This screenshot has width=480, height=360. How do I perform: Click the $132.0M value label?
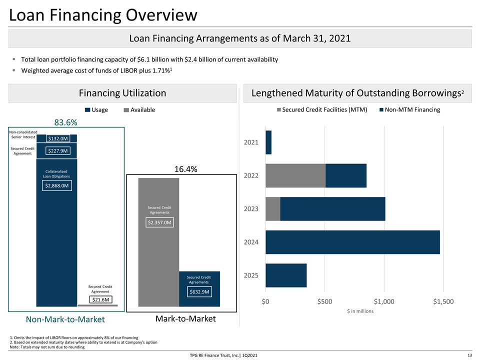(58, 138)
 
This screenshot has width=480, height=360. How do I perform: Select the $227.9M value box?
(58, 151)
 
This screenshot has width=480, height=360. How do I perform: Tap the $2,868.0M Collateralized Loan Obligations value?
(57, 185)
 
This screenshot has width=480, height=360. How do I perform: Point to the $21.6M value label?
(100, 299)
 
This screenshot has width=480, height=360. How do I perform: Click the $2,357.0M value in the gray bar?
(159, 222)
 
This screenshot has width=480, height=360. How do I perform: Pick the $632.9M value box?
(199, 291)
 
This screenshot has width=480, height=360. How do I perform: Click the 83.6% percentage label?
(66, 122)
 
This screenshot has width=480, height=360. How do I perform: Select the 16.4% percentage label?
(186, 169)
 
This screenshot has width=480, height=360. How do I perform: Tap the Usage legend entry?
(96, 110)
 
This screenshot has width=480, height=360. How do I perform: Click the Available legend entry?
(139, 110)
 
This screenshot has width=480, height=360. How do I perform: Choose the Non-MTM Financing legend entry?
(410, 109)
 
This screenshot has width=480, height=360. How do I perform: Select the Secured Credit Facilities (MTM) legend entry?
(322, 109)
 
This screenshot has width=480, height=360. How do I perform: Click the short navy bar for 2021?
(268, 142)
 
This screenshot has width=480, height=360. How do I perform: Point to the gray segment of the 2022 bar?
(295, 175)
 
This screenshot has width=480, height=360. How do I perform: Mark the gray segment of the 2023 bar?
(273, 209)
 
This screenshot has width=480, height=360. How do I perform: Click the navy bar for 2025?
(286, 275)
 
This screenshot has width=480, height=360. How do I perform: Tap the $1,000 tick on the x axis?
(384, 301)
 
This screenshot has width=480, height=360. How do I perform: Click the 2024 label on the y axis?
(251, 242)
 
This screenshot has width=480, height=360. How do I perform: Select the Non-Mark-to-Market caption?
(65, 319)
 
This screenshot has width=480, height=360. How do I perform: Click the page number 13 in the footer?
(469, 355)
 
